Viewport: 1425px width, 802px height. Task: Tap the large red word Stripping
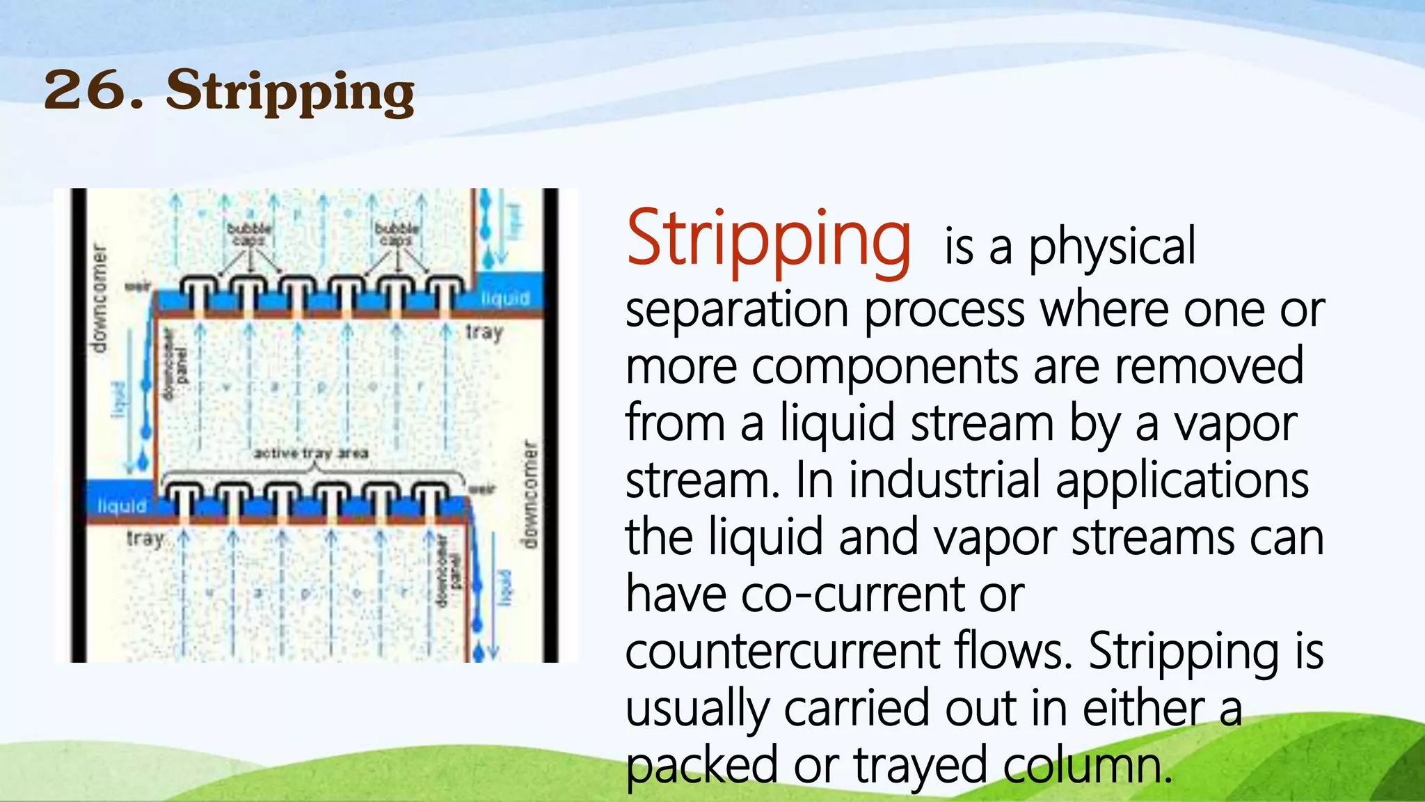(768, 241)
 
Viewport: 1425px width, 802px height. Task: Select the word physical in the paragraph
(1111, 248)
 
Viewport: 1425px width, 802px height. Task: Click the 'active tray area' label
(310, 453)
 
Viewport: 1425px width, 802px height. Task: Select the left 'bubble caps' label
(249, 234)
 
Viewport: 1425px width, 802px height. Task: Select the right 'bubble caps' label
(397, 234)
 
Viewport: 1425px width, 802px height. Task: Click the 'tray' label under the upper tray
(484, 332)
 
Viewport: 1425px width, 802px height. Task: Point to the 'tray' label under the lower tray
(145, 539)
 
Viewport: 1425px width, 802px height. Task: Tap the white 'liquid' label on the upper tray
(505, 298)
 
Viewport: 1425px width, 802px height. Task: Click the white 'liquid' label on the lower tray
(122, 505)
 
